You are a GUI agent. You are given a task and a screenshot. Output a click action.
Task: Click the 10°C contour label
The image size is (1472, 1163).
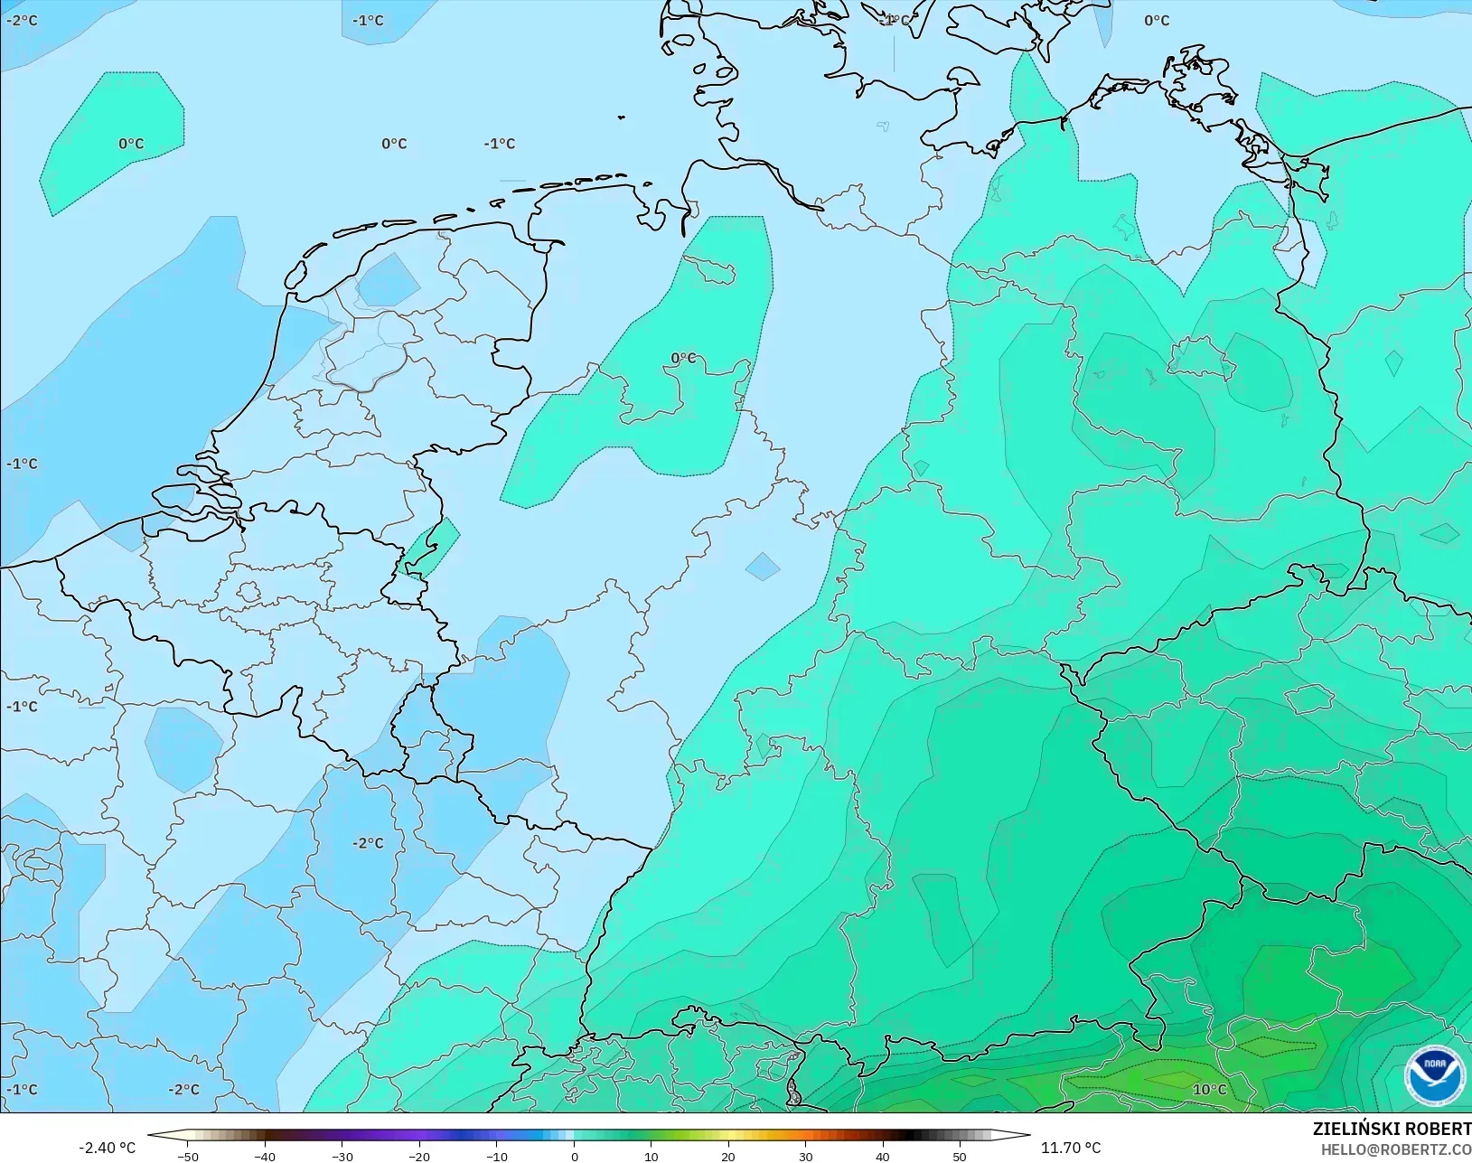pyautogui.click(x=1209, y=1089)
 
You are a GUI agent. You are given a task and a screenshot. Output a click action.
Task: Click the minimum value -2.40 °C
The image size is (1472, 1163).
pyautogui.click(x=107, y=1148)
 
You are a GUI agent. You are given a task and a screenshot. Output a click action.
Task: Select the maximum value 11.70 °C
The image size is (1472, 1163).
pyautogui.click(x=1071, y=1148)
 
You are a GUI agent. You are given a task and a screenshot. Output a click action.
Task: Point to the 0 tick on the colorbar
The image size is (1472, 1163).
pyautogui.click(x=574, y=1156)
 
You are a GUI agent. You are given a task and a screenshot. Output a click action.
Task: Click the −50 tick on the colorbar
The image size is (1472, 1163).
pyautogui.click(x=188, y=1156)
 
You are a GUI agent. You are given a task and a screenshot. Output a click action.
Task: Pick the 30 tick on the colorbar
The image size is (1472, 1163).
pyautogui.click(x=805, y=1156)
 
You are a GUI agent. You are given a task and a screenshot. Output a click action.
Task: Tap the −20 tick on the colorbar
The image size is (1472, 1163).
pyautogui.click(x=419, y=1156)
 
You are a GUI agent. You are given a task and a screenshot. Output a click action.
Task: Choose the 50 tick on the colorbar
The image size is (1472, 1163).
pyautogui.click(x=960, y=1156)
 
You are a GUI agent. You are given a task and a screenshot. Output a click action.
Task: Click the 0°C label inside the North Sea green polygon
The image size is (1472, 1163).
pyautogui.click(x=131, y=144)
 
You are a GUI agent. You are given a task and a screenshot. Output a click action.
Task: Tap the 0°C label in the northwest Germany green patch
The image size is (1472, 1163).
pyautogui.click(x=684, y=358)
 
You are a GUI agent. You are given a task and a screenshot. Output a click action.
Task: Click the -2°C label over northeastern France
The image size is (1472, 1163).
pyautogui.click(x=368, y=843)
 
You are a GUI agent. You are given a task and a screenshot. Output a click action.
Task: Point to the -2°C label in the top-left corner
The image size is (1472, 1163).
pyautogui.click(x=22, y=20)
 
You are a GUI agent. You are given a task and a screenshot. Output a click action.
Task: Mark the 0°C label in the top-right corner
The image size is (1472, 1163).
pyautogui.click(x=1157, y=20)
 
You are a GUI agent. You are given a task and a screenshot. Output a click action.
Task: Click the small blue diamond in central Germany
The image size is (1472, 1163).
pyautogui.click(x=763, y=567)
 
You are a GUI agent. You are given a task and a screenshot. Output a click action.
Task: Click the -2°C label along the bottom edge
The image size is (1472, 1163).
pyautogui.click(x=183, y=1089)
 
